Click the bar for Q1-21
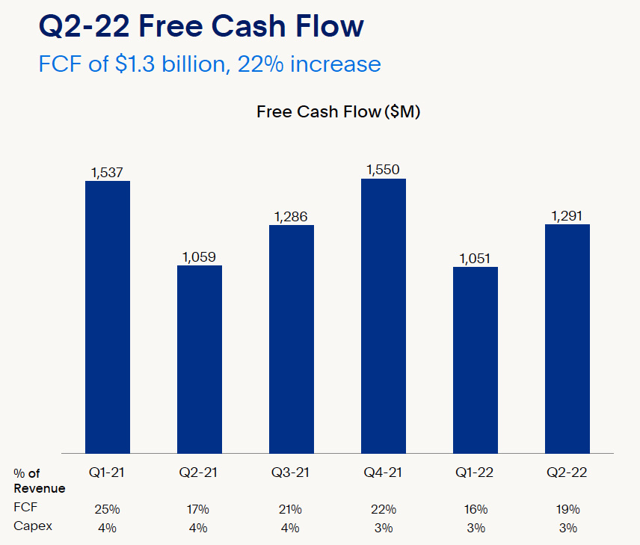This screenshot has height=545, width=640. point(108,316)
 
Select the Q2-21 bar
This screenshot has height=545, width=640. point(200,359)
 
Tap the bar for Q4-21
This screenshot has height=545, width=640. point(384,315)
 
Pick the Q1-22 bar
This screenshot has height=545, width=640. point(476,360)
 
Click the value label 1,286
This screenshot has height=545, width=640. point(291,217)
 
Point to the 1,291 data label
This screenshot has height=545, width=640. point(567,216)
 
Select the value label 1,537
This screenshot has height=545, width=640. point(108,173)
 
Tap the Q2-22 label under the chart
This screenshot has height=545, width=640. point(567,472)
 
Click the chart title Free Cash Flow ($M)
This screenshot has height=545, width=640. point(339,112)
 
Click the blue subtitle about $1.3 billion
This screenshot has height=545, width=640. point(209,64)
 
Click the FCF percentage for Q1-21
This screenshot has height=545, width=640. point(106,509)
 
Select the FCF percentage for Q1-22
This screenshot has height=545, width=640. point(476,509)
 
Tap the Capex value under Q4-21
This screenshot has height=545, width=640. point(384,527)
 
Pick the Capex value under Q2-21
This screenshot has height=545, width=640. point(198,527)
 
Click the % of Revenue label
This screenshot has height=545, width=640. point(39,480)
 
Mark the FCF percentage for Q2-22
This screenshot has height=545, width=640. point(567,509)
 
